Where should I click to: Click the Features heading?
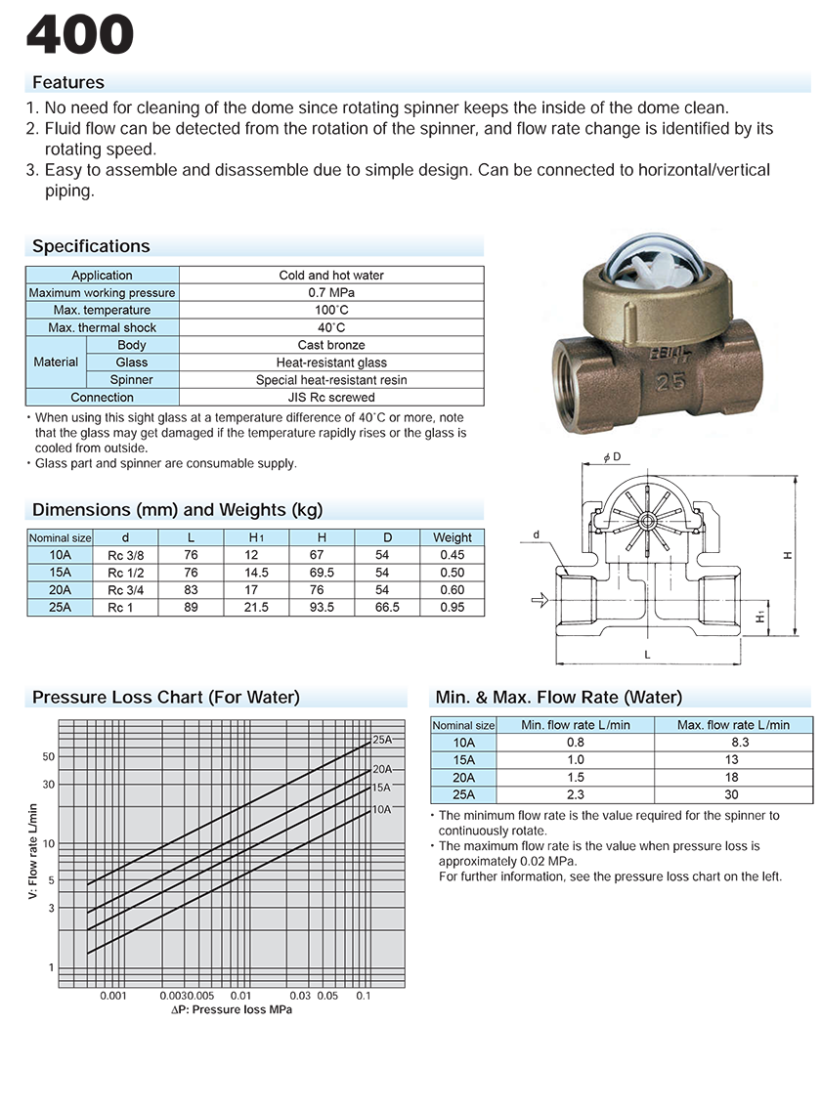pyautogui.click(x=68, y=83)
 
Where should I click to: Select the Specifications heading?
pyautogui.click(x=91, y=246)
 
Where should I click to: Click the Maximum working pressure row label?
pyautogui.click(x=103, y=293)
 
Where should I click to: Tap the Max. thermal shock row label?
pyautogui.click(x=103, y=328)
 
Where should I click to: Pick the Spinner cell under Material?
pyautogui.click(x=132, y=380)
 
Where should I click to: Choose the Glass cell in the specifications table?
pyautogui.click(x=132, y=363)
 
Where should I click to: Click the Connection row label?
pyautogui.click(x=103, y=398)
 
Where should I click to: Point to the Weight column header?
pyautogui.click(x=453, y=537)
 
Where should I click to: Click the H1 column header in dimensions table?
pyautogui.click(x=256, y=537)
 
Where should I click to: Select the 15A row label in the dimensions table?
pyautogui.click(x=60, y=573)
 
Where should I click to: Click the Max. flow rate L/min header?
pyautogui.click(x=733, y=725)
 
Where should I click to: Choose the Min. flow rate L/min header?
pyautogui.click(x=575, y=725)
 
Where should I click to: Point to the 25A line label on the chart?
pyautogui.click(x=381, y=740)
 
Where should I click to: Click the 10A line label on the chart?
pyautogui.click(x=381, y=810)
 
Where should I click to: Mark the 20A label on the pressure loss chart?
pyautogui.click(x=381, y=769)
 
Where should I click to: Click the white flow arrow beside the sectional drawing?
pyautogui.click(x=538, y=601)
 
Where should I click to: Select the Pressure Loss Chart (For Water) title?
pyautogui.click(x=166, y=698)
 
